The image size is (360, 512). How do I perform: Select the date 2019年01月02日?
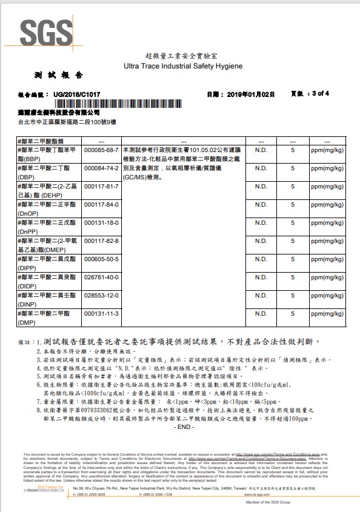[250, 95]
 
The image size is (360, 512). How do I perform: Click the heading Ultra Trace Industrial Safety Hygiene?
[182, 65]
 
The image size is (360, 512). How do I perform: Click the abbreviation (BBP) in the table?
[30, 158]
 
